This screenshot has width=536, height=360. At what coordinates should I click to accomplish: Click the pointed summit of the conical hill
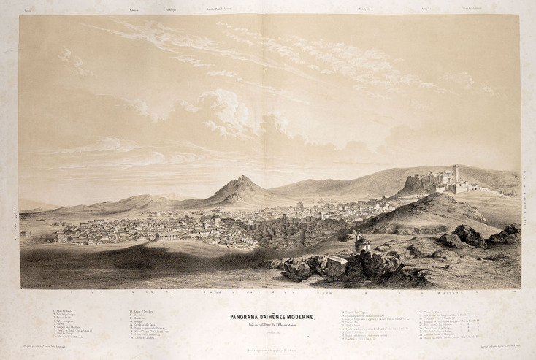[x=242, y=177]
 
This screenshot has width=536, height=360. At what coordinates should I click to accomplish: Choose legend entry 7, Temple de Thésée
[x=77, y=329]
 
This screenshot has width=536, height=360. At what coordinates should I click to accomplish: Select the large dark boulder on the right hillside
[x=467, y=236]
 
